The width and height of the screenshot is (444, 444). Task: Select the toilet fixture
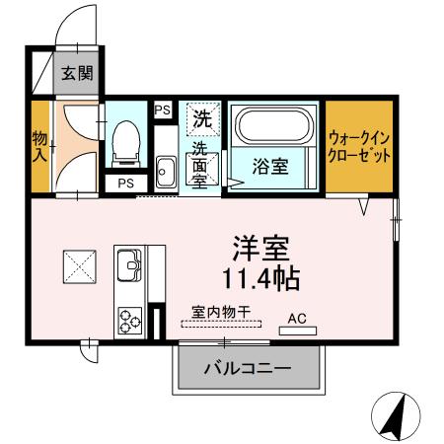pos(126,143)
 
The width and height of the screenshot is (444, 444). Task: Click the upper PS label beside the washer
pos(163,111)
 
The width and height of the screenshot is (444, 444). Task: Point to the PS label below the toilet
pos(126,184)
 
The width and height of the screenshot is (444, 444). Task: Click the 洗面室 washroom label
pos(200,164)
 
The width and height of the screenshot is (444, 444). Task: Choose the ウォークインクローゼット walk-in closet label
pos(360,148)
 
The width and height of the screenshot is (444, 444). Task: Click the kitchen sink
pos(130,263)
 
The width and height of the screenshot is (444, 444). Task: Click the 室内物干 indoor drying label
pos(221,311)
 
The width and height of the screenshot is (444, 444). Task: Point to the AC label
pos(297,318)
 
